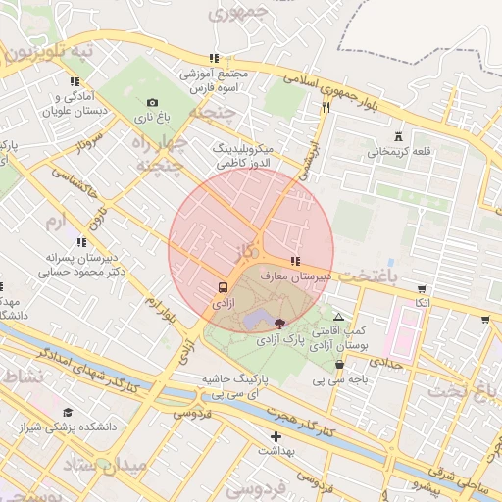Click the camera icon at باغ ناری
click(x=152, y=103)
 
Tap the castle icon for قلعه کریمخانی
click(x=398, y=136)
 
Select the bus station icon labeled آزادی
click(x=224, y=288)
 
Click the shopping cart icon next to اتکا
click(x=422, y=289)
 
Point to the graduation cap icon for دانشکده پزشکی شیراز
click(x=68, y=413)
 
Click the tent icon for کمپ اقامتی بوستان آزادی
click(x=338, y=318)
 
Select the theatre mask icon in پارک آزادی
click(x=280, y=323)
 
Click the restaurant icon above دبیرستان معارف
click(x=294, y=262)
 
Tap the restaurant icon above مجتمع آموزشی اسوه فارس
click(x=214, y=59)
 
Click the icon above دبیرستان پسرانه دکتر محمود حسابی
click(x=80, y=241)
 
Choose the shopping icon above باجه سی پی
click(x=339, y=365)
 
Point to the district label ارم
click(x=59, y=219)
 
